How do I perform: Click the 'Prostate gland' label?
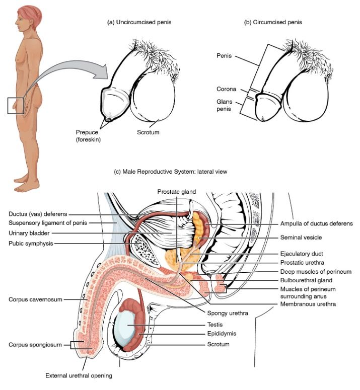176,192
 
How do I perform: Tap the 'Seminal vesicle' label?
301,238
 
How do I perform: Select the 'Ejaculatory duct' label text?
302,254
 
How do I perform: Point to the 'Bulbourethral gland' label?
306,280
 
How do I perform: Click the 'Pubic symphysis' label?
31,244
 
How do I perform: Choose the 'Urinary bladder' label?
29,233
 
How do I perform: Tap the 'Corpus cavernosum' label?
35,299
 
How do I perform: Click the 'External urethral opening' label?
79,375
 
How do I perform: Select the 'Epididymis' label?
222,334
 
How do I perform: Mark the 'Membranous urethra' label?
308,304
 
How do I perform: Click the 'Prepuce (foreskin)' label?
88,136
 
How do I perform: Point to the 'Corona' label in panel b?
226,89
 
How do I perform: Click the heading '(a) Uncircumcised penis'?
139,22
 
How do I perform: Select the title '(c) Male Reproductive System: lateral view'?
170,172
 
